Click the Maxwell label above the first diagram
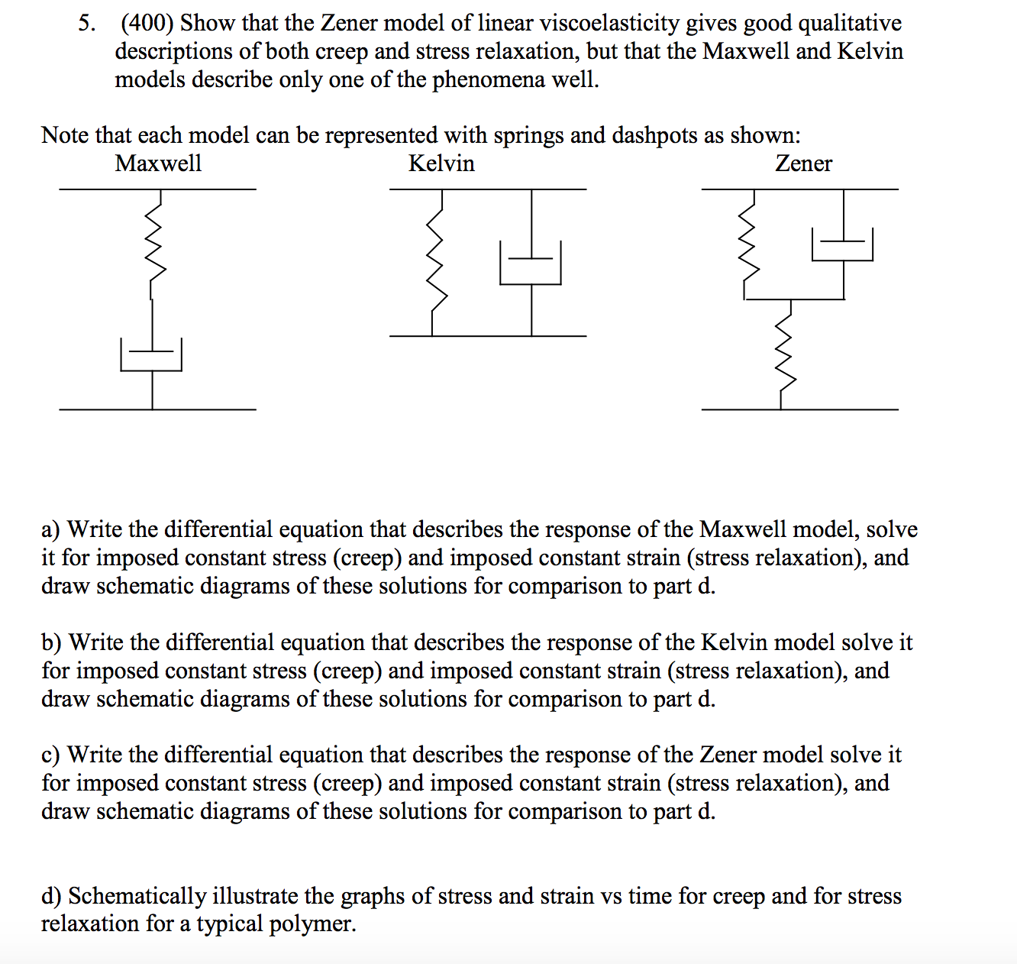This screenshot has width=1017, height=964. [158, 163]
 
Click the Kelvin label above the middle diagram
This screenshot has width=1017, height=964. [441, 163]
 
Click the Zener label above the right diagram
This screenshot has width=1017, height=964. [803, 163]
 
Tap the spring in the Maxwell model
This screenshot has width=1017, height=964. [155, 244]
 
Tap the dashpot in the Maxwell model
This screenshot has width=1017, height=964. [151, 354]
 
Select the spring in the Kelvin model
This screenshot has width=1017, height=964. [434, 260]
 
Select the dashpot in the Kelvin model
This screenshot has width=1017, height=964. [531, 264]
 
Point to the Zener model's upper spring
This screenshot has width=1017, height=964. [750, 244]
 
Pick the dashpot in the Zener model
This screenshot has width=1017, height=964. [843, 244]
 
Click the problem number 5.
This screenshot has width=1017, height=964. [87, 24]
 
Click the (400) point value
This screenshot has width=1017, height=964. [147, 24]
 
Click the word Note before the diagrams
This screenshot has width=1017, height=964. [65, 135]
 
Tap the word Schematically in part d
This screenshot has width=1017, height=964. [137, 896]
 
